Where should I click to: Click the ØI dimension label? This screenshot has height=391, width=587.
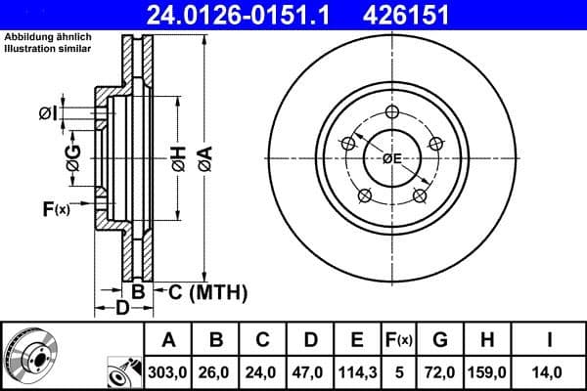pos(48,114)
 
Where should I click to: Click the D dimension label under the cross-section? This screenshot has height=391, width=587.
pos(121,310)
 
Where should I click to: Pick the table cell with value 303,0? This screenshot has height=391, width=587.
pos(168,372)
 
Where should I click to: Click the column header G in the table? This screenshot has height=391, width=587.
pos(440,340)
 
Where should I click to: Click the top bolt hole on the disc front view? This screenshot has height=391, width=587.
pos(392,110)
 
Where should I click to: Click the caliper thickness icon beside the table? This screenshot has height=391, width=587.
pos(124,372)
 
